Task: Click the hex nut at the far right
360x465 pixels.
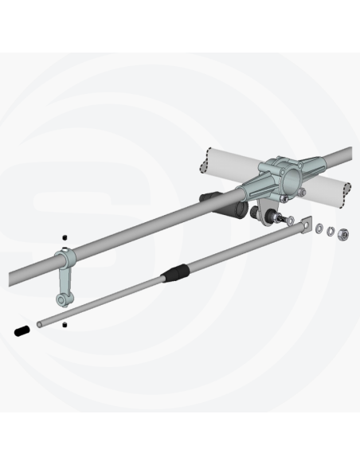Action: point(342,234)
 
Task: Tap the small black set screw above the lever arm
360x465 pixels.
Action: point(65,238)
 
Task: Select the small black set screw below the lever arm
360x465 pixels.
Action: point(65,325)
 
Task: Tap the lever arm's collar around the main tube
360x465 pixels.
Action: point(65,261)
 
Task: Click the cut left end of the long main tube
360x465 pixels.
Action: point(13,279)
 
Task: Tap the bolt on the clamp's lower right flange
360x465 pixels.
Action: point(303,191)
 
